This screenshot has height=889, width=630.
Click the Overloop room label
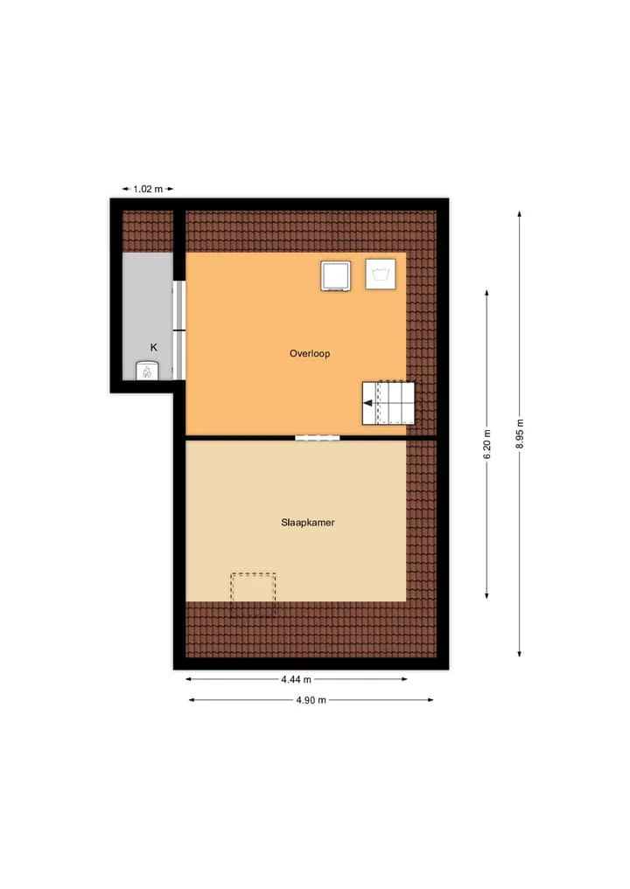click(310, 353)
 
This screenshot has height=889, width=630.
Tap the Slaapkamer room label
click(308, 523)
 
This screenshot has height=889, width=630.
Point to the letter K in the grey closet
click(153, 348)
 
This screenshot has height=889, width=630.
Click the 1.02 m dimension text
click(148, 189)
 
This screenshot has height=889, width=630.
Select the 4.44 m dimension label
click(297, 679)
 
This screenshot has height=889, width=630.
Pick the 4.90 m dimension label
click(311, 700)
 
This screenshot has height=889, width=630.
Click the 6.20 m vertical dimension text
click(487, 444)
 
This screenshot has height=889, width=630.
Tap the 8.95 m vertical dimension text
click(520, 434)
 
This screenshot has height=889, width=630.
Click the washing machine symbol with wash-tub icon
click(381, 274)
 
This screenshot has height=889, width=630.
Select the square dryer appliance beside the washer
click(335, 275)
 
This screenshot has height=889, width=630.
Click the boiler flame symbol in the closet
click(147, 372)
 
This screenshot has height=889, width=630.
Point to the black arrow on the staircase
click(368, 403)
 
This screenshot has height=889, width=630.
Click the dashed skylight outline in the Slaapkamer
click(253, 594)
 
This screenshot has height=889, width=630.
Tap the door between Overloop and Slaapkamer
click(318, 438)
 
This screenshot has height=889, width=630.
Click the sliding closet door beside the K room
click(178, 330)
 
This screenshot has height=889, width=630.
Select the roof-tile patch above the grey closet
click(148, 232)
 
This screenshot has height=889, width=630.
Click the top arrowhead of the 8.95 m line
click(520, 214)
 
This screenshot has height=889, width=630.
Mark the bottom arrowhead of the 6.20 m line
click(487, 594)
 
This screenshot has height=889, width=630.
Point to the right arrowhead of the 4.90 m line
click(430, 700)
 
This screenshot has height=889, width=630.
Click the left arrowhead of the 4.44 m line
click(189, 679)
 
